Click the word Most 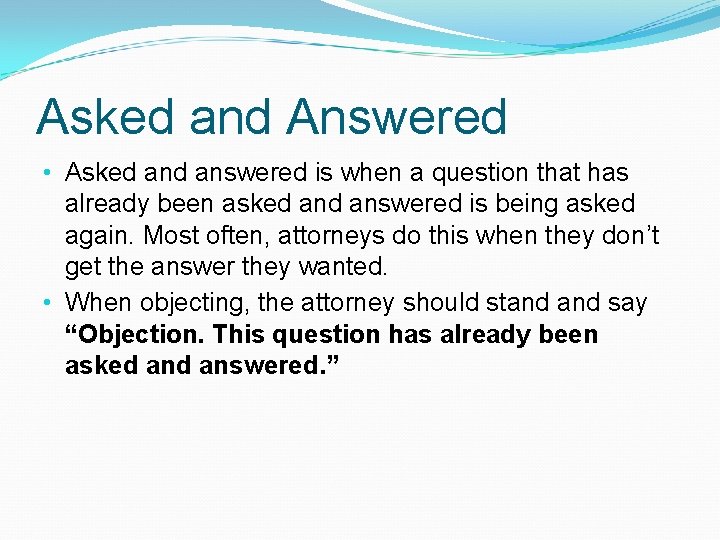(x=171, y=237)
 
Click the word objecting (x=196, y=302)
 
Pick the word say (x=628, y=302)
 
